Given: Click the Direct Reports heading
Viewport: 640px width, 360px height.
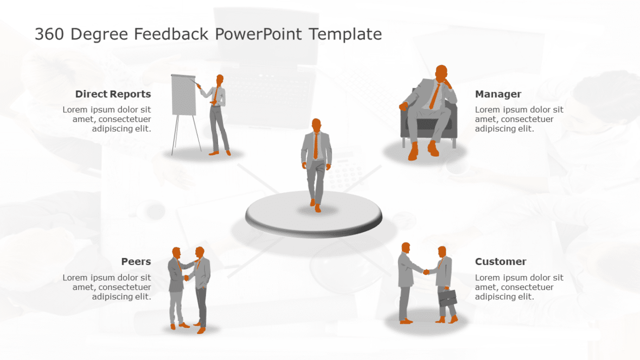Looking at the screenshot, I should click(113, 94).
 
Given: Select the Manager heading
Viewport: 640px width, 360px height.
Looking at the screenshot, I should click(498, 94).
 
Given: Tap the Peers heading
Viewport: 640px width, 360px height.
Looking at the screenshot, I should click(136, 261).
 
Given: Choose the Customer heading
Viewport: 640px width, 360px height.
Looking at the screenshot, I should click(500, 261).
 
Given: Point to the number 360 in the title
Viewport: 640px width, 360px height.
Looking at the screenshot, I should click(50, 34).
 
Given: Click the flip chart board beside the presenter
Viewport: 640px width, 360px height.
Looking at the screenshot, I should click(183, 95).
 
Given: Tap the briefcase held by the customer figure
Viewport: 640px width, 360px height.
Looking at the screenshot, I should click(447, 298).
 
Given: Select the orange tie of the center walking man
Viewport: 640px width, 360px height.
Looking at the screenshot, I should click(316, 146).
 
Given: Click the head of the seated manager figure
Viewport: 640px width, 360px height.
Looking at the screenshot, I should click(442, 73).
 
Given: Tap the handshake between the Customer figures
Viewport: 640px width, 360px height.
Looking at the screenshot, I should click(426, 272).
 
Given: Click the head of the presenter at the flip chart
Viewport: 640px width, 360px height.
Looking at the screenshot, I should click(220, 80).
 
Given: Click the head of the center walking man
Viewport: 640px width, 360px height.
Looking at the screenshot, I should click(316, 124).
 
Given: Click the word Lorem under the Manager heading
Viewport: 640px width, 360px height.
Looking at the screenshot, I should click(487, 110).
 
